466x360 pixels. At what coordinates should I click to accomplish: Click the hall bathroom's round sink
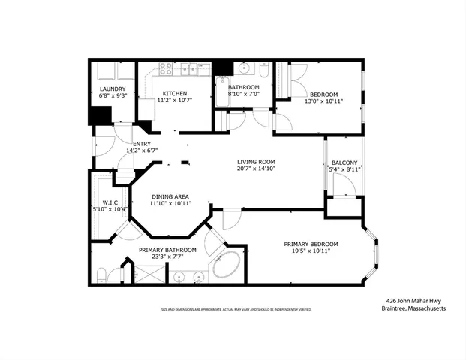click(245, 68)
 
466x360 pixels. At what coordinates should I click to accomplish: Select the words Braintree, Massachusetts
click(413, 306)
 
